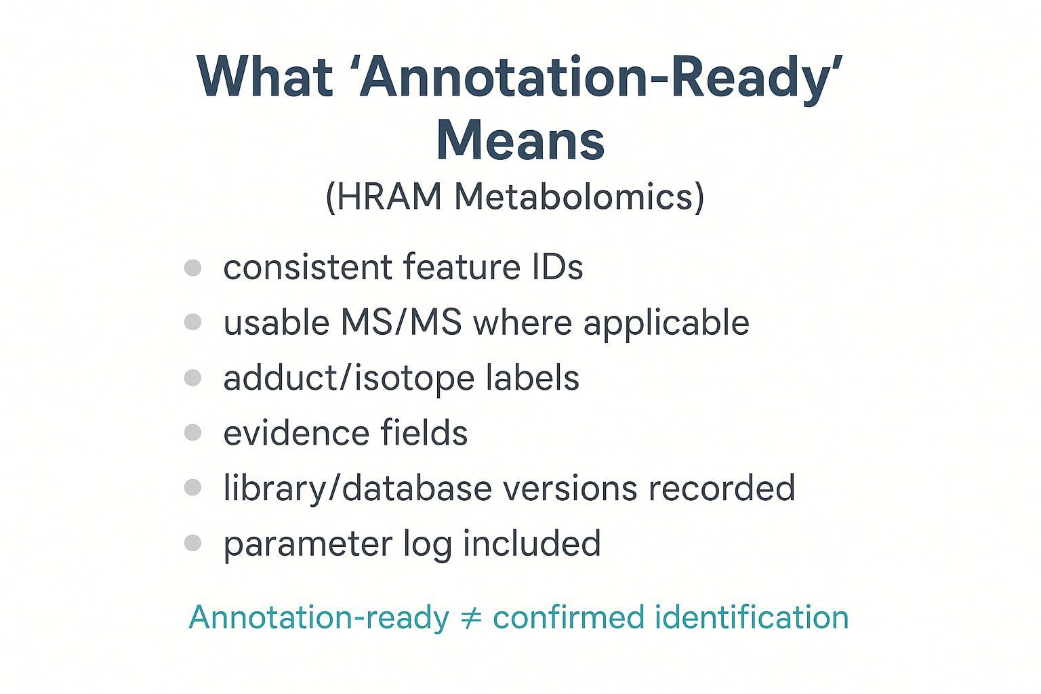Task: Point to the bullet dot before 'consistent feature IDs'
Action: [x=192, y=267]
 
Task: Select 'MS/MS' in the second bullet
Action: [x=401, y=323]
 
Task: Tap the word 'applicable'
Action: [x=666, y=323]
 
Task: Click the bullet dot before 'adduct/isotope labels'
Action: [x=192, y=377]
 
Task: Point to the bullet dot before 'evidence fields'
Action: [x=192, y=432]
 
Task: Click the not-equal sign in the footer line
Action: [x=470, y=617]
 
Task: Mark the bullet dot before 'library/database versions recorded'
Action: [x=192, y=487]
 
